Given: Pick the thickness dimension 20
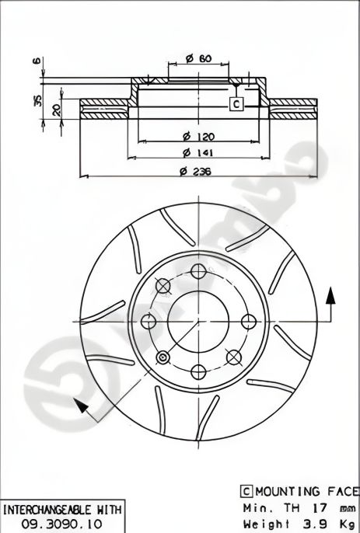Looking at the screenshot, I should [55, 110].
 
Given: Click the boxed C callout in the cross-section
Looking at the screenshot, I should [236, 103].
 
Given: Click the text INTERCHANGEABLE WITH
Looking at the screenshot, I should [62, 510].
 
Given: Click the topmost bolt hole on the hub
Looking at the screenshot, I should [198, 271].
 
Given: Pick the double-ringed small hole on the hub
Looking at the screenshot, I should [163, 357].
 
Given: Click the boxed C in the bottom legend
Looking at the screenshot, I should [246, 491].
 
